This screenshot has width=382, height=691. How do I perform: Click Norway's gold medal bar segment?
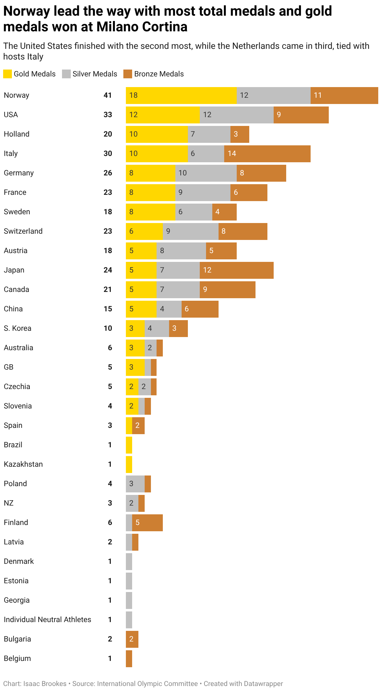coord(181,96)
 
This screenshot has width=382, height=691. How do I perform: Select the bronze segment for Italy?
coord(267,154)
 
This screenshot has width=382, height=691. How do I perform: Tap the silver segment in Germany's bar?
coord(206,173)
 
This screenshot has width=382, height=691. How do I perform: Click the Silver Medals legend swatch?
coord(66,74)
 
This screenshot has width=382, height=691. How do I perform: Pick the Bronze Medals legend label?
coord(159,74)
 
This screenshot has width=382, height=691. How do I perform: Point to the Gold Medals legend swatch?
coord(8,74)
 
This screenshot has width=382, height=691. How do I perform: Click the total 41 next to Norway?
coord(108,95)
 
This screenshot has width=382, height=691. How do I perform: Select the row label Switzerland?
coord(23,231)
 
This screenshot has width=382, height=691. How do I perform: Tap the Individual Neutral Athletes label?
coord(47,620)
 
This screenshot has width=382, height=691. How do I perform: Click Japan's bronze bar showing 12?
coord(236,270)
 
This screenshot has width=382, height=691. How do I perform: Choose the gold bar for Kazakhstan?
coord(129,465)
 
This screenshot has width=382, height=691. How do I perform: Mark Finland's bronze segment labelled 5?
coord(147,523)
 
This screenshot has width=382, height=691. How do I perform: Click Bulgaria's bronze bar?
coord(132,639)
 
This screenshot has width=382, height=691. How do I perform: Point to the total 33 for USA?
coord(108,115)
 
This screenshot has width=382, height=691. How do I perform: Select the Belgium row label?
coord(17,658)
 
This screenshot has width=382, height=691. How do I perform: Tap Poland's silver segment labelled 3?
coord(135,484)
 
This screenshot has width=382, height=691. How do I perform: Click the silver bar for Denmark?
coord(129,562)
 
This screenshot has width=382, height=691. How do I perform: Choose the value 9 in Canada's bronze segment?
coord(205,289)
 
